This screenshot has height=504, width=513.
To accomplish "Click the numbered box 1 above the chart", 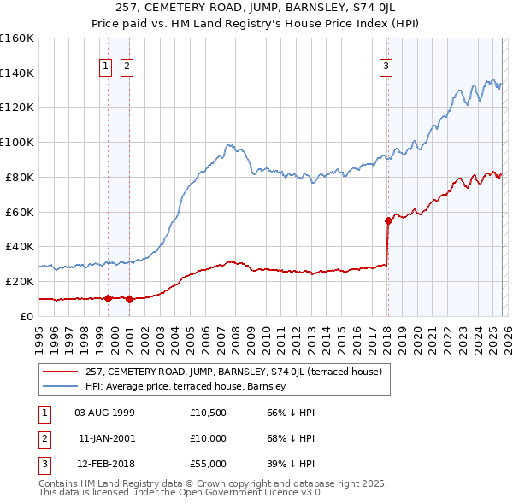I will pos(105,66).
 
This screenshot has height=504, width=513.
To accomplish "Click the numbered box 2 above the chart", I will pos(127,66).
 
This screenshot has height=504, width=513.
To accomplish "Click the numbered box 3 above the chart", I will pos(386,66).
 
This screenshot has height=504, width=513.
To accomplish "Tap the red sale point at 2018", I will pos(388,220).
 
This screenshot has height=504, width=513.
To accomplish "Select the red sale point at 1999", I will pos(108,298).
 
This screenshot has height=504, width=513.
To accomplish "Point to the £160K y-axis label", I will pos(17,38).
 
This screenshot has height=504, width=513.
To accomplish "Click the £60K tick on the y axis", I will pos(21,212).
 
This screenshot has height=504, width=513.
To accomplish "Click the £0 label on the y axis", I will pos(27,316).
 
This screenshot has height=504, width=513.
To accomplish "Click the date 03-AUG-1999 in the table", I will pos(104,413).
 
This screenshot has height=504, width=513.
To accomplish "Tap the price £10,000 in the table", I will pos(209,438).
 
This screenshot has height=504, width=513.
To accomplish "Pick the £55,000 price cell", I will pos(209,464).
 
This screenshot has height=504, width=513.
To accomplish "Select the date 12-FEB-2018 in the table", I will pos(104,464).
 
